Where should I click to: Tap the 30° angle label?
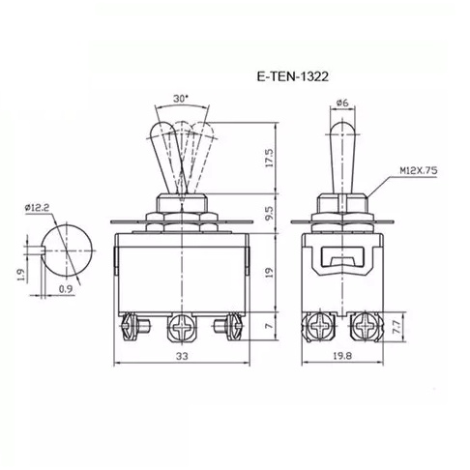pyautogui.click(x=181, y=99)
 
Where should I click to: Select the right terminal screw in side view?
pyautogui.click(x=367, y=327)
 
